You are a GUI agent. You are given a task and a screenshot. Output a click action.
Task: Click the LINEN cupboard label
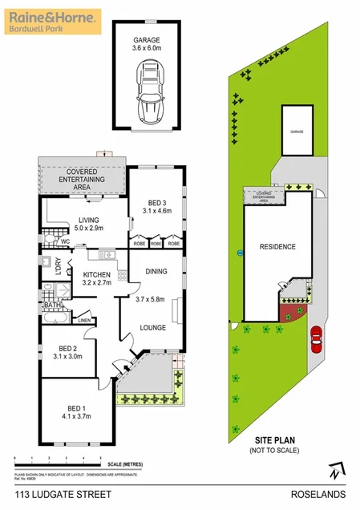coord(84,321)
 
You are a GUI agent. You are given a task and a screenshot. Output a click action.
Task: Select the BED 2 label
coord(67,348)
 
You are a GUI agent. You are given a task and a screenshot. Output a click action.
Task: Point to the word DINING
coord(156,272)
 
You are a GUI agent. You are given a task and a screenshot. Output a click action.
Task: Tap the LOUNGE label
coord(152,328)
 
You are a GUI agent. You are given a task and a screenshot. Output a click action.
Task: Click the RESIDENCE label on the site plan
coord(277,247)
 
